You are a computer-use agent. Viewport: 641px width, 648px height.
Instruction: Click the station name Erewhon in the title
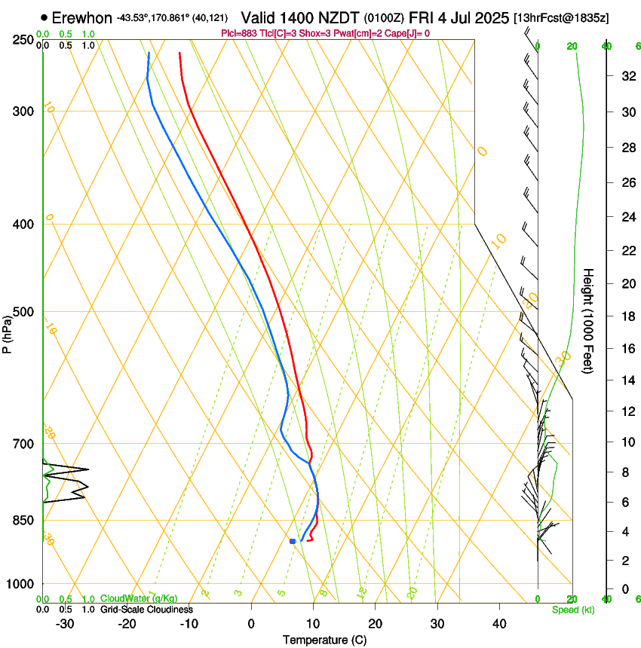click(x=83, y=17)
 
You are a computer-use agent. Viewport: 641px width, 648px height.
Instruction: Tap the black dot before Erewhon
click(x=46, y=17)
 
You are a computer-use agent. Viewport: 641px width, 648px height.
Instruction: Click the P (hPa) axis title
click(x=8, y=332)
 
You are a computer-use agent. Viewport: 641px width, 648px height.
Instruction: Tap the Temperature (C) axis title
click(x=324, y=640)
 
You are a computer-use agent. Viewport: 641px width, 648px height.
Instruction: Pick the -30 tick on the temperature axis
click(x=65, y=623)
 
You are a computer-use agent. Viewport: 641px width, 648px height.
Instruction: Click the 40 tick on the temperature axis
click(x=498, y=623)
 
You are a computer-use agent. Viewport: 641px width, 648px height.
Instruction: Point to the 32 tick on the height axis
click(x=626, y=76)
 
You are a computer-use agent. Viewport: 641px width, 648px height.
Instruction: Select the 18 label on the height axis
click(x=626, y=316)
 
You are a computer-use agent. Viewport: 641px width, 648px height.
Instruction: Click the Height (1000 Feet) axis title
click(x=589, y=320)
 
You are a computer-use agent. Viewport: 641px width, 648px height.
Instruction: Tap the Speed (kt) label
click(x=572, y=609)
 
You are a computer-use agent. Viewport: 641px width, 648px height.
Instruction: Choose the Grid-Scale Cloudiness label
click(x=146, y=609)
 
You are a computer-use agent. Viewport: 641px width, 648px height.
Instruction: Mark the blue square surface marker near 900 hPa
click(x=293, y=541)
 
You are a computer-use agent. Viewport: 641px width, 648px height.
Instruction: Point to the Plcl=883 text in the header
click(x=242, y=33)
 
